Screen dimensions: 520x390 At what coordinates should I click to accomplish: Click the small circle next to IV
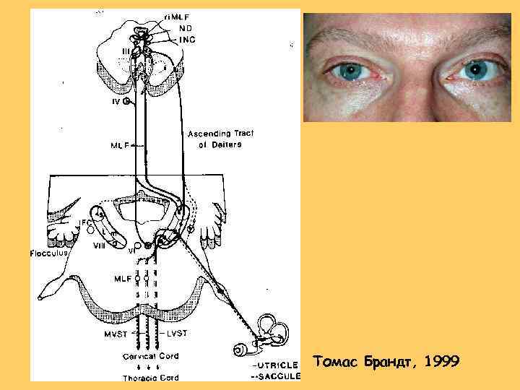click(126, 102)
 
